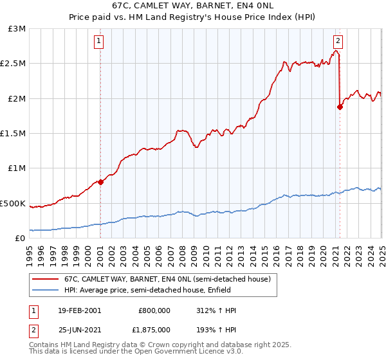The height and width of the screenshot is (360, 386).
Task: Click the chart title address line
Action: coord(192,6)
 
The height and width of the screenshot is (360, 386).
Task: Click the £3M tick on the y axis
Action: coord(17,29)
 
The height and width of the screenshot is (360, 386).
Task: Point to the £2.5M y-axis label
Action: coord(14,64)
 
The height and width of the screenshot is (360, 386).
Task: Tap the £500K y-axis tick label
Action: coord(14,203)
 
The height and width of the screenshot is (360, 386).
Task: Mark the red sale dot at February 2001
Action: coord(101,182)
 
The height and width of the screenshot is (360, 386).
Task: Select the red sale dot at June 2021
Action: coord(340,107)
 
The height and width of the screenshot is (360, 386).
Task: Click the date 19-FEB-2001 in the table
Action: coord(78,310)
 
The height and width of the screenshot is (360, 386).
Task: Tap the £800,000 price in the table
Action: coord(154,310)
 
